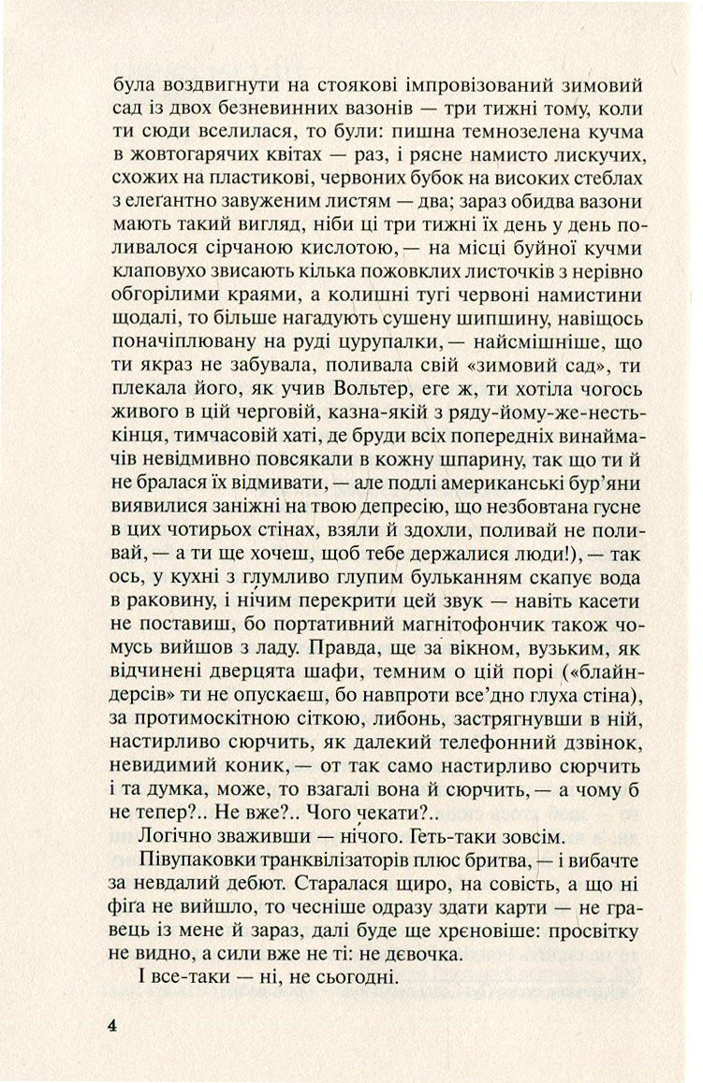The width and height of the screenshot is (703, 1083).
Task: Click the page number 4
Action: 111,999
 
